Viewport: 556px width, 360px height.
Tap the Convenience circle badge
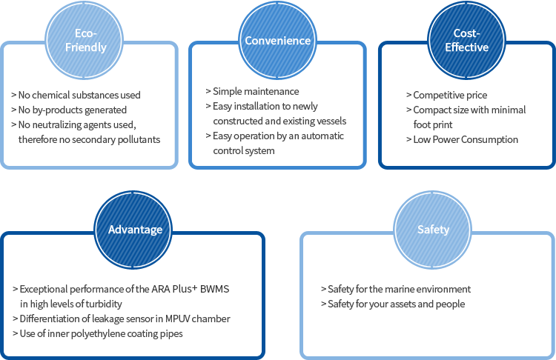(x=278, y=40)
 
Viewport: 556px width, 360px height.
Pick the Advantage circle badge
(x=135, y=229)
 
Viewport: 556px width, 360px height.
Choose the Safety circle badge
(x=433, y=229)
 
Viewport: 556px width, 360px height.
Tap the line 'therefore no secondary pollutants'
(x=89, y=139)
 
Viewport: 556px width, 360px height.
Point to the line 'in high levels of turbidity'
(x=71, y=304)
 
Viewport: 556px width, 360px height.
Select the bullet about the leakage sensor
(x=125, y=319)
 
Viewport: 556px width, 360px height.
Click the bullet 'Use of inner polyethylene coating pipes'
(x=101, y=333)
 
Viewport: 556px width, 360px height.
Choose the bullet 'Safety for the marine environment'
(x=395, y=289)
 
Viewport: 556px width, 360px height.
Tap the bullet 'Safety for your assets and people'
(x=392, y=304)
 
